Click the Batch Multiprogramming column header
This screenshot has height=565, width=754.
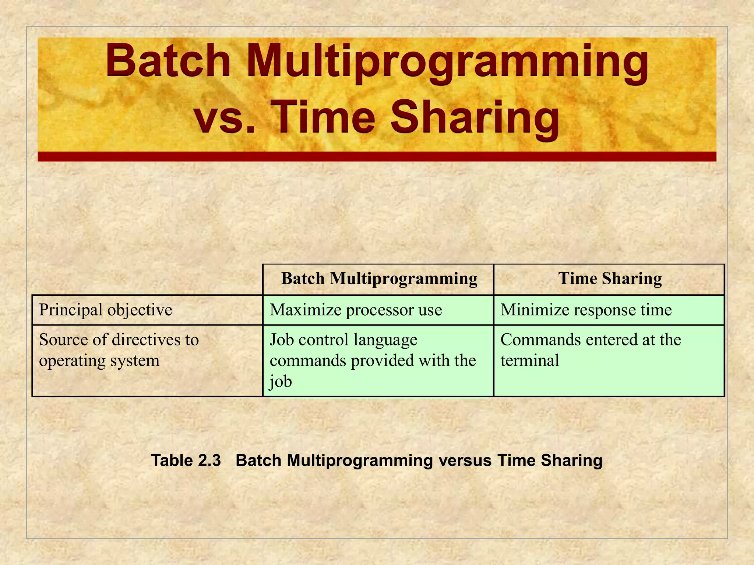pos(379,279)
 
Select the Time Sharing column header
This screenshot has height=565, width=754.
pos(610,279)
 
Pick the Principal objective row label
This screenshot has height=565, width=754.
pos(106,310)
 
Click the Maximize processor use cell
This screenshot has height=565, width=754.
pos(356,310)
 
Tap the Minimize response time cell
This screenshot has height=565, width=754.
pos(586,310)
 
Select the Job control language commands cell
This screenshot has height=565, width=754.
pos(373,360)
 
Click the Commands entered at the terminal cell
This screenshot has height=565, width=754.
pos(591,349)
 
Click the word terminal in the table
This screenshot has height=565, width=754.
pos(529,360)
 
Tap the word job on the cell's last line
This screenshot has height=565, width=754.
pos(281,381)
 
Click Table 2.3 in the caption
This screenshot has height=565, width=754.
pos(186,461)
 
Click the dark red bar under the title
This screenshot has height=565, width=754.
pos(377,157)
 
